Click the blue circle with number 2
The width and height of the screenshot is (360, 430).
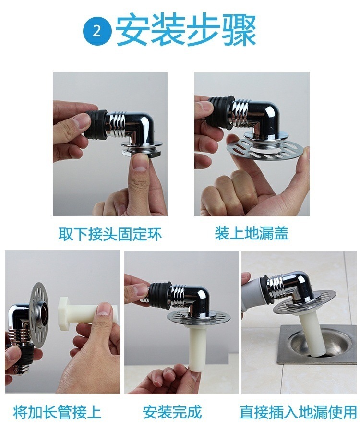point(97,31)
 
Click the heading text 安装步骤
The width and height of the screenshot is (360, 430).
point(186,31)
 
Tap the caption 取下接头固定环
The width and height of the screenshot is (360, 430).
point(110,234)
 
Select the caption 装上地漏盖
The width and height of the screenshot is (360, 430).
point(252,234)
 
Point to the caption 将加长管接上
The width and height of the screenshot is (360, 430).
point(57,412)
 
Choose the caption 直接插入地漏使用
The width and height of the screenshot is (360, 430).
point(298,412)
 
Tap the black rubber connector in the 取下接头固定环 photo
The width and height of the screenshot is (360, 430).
point(96,124)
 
